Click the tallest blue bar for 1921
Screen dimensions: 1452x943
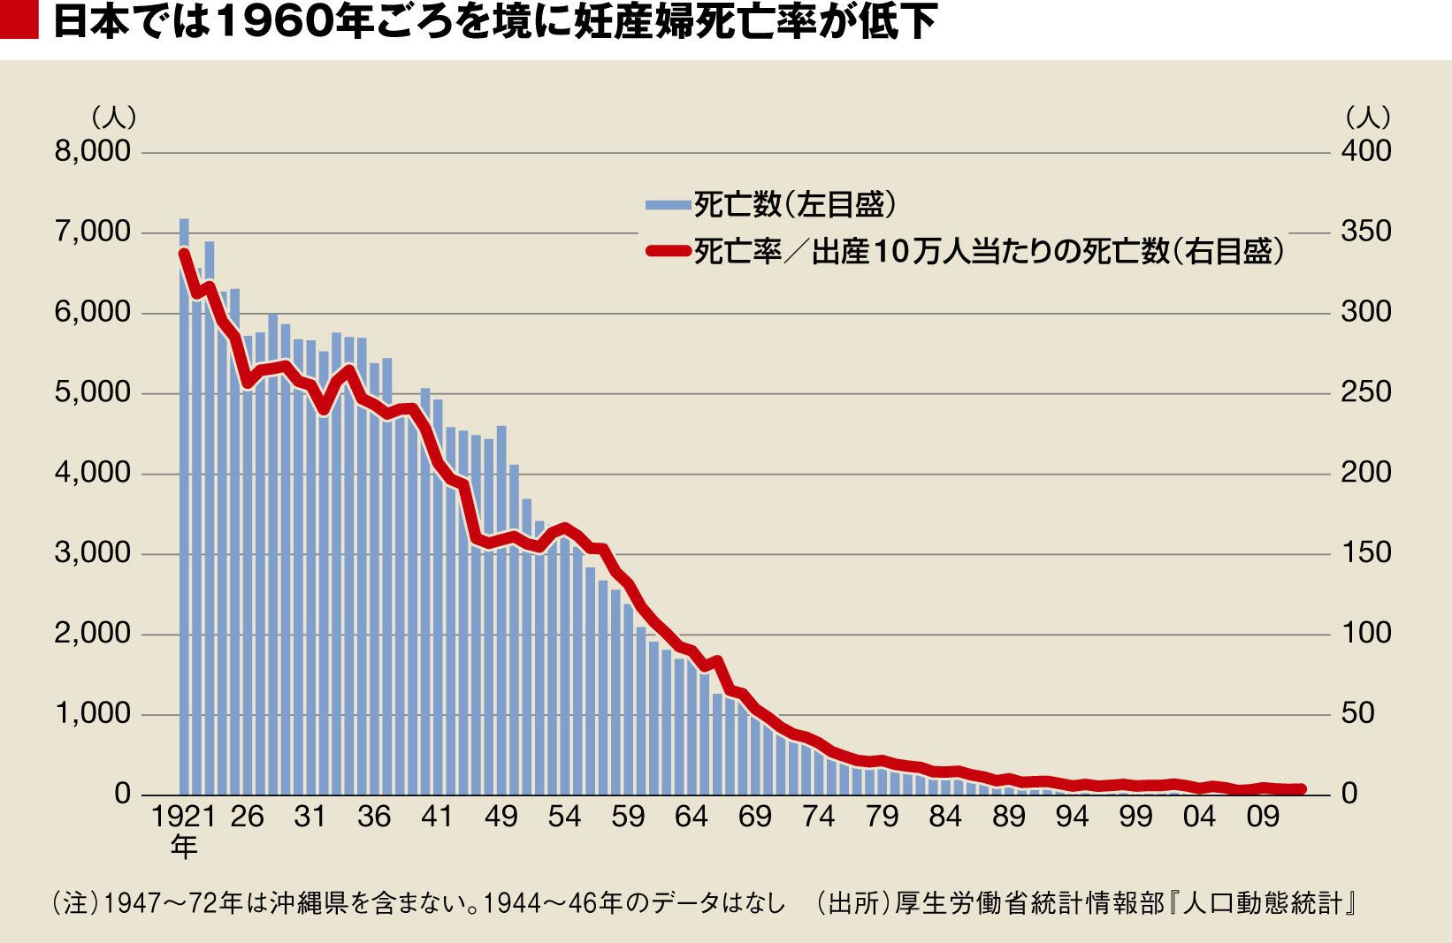point(184,506)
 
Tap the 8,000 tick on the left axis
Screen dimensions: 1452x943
point(93,151)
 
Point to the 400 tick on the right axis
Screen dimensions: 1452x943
point(1366,151)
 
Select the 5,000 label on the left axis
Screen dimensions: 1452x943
point(93,392)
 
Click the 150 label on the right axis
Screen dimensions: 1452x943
point(1366,553)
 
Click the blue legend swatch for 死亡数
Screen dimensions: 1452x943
point(668,205)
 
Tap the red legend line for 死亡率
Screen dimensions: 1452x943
point(668,252)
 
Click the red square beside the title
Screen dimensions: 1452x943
point(19,19)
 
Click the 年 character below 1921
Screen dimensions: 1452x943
point(184,847)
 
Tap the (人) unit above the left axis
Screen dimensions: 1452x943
point(114,118)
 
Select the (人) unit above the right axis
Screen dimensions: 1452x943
point(1368,118)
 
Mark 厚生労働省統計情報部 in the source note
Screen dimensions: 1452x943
point(1029,903)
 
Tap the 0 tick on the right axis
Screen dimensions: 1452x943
point(1349,794)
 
